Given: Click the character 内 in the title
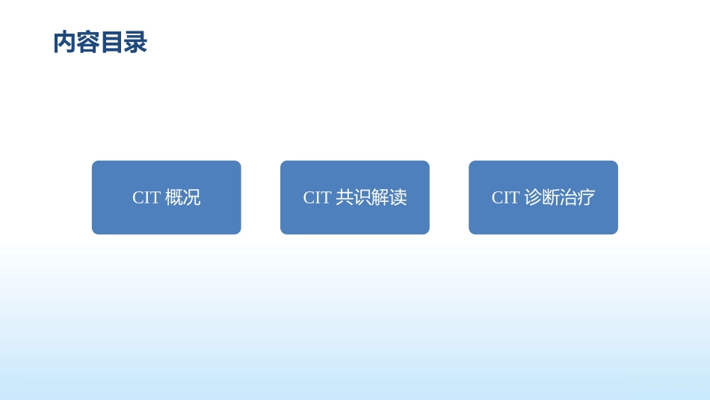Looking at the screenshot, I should pos(64,43).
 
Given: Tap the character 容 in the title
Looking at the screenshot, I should pos(88,43).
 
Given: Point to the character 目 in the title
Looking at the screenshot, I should pos(111,43).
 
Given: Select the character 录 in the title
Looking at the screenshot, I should pos(135,43).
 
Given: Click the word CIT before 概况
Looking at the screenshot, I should pos(146,197).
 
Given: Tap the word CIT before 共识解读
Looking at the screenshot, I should pos(317,197).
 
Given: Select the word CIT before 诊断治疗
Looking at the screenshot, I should pos(505,197).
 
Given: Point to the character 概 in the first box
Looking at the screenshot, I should pos(174,197).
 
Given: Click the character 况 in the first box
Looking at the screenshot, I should pos(192,197).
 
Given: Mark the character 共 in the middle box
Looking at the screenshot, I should pos(345,197).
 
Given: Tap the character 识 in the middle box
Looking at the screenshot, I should pos(362,197).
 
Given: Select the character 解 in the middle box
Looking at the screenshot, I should pos(380,197).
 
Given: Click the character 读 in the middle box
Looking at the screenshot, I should pos(398,197).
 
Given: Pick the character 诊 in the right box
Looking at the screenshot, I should pos(533,197).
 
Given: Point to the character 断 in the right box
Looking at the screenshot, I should pos(551,197).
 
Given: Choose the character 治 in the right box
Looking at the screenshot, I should pos(569,197).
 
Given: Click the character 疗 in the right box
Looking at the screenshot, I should pos(587,197).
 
